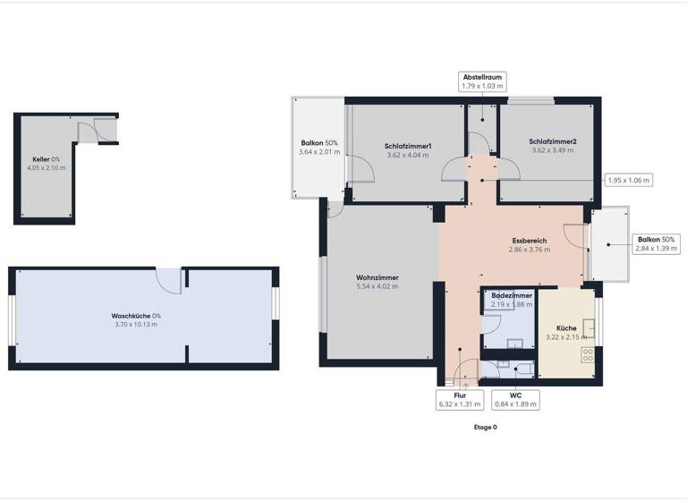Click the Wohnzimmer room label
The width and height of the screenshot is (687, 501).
tap(376, 277)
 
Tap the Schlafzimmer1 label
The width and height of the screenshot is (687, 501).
tap(408, 146)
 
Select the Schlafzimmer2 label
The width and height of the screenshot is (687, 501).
tap(552, 141)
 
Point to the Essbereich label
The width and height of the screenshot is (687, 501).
tap(529, 241)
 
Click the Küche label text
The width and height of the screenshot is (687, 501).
tap(565, 328)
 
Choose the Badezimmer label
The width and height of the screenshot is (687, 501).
tap(511, 295)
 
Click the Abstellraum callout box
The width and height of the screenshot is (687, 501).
tap(482, 83)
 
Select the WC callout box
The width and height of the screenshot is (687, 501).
tap(515, 398)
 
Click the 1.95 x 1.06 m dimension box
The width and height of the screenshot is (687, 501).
tap(629, 180)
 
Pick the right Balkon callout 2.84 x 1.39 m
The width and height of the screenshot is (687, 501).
tap(657, 243)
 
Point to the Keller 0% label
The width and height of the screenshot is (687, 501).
tap(47, 163)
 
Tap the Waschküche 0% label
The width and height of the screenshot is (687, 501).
tap(136, 319)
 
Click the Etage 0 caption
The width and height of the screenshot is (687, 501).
tap(485, 428)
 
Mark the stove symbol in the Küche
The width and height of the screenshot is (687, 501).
tap(588, 355)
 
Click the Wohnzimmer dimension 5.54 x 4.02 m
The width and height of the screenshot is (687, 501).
tap(376, 286)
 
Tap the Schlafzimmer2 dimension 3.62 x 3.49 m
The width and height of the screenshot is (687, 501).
tap(552, 150)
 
